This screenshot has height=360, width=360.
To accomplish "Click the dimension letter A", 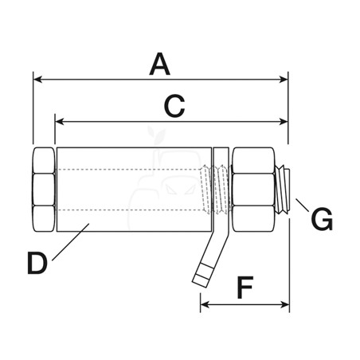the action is click(x=160, y=64).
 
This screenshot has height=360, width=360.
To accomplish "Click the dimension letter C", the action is click(x=174, y=106).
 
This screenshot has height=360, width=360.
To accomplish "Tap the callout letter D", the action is click(x=37, y=263).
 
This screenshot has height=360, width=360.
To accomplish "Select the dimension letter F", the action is click(x=245, y=288).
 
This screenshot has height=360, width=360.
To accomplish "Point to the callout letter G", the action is click(x=322, y=219).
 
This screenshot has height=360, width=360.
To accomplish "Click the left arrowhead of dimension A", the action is click(x=37, y=79).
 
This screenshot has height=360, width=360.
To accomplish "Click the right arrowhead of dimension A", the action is click(x=284, y=79).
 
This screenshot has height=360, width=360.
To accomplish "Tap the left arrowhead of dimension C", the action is click(x=60, y=122).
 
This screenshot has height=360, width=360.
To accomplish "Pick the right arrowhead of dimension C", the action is click(x=284, y=122).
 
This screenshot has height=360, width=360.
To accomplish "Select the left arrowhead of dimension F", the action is click(x=205, y=304).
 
